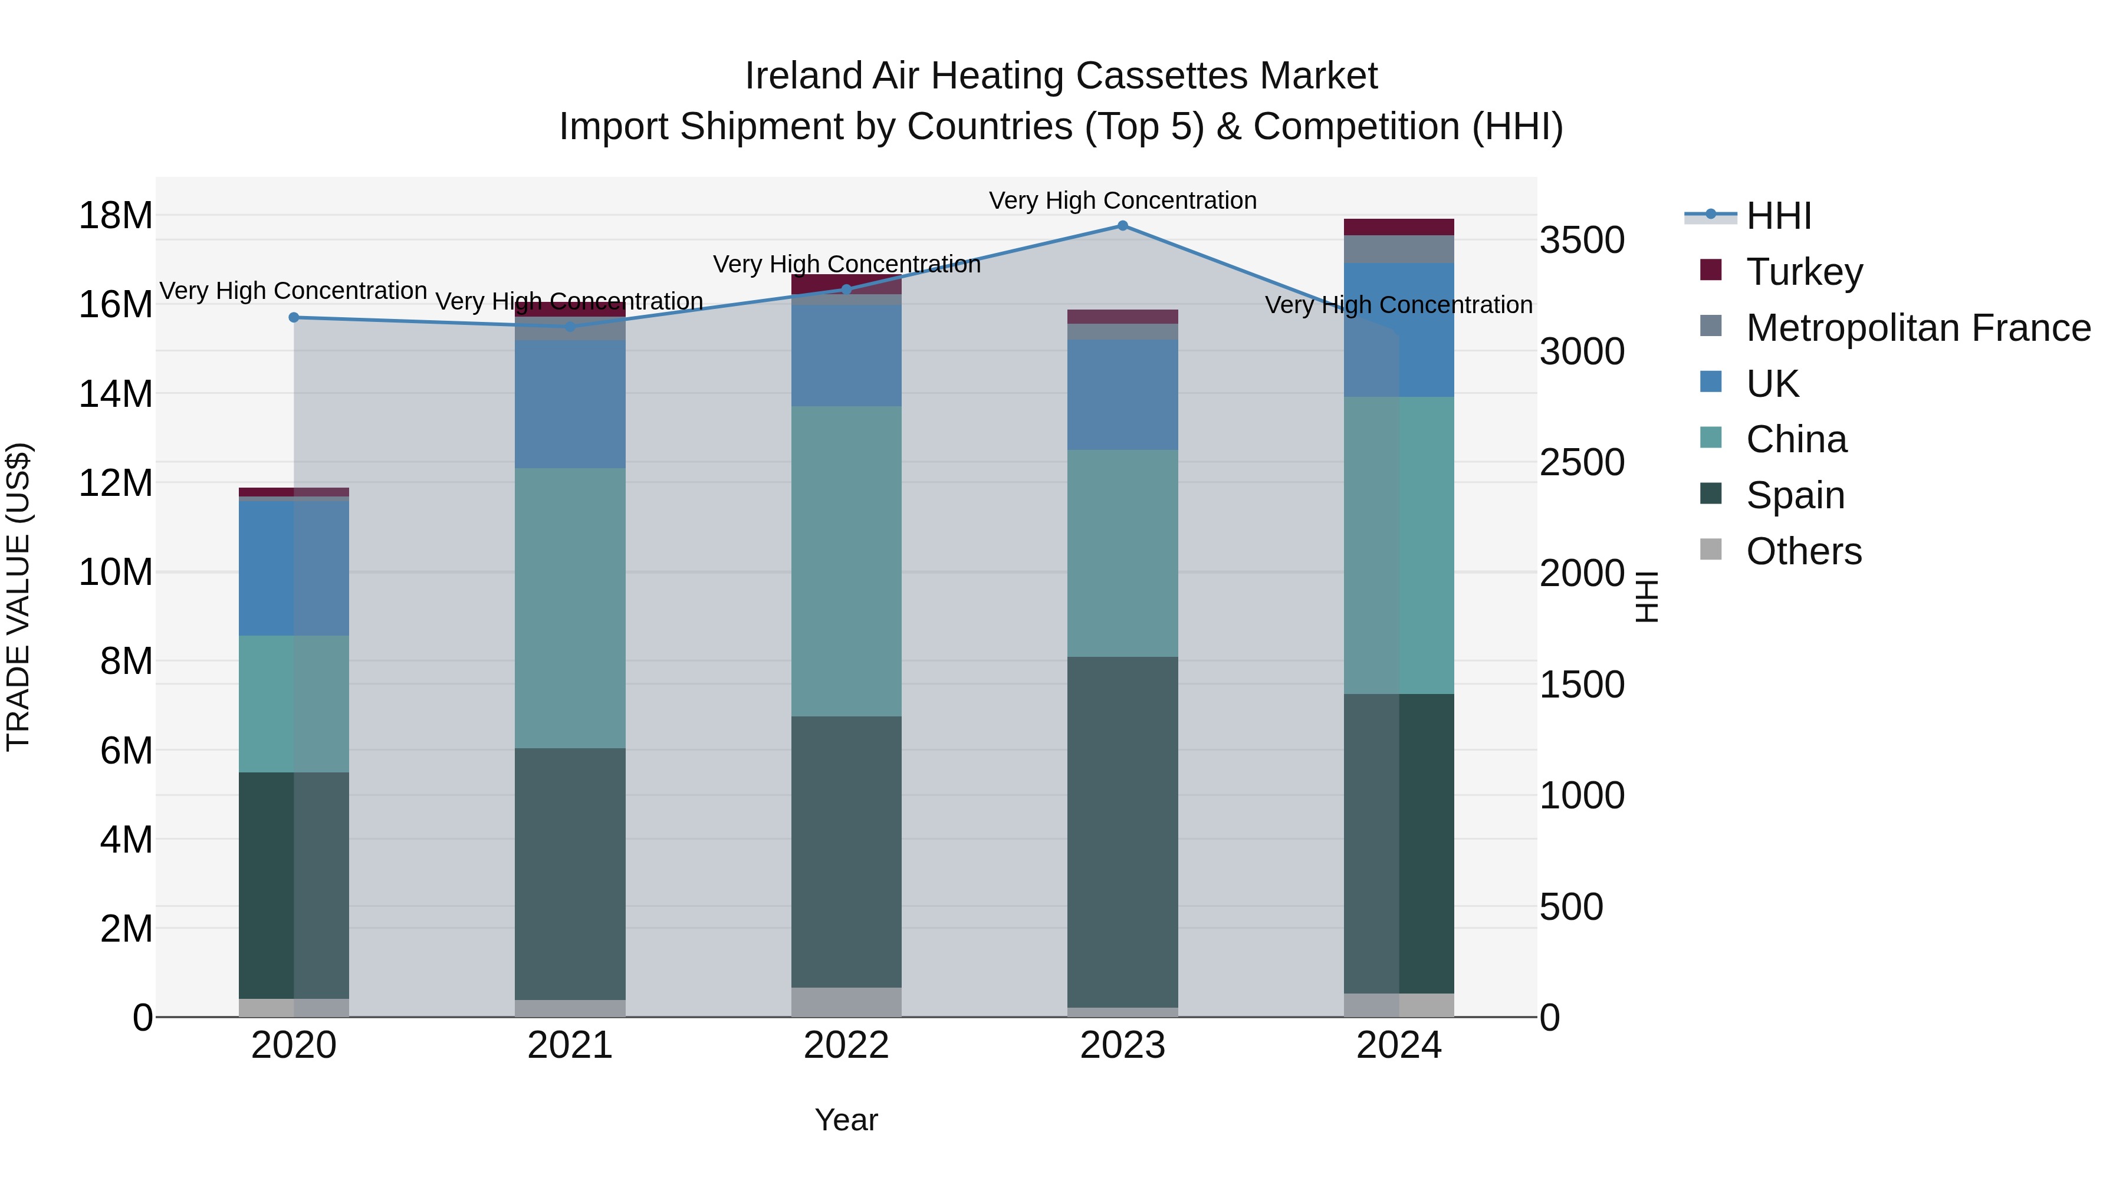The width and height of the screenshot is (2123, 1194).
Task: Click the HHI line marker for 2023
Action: click(x=1122, y=225)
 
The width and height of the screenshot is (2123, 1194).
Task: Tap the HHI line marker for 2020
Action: click(x=294, y=317)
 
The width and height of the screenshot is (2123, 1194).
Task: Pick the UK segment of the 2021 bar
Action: click(x=570, y=404)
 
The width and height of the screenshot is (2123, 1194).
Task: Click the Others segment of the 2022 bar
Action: click(x=846, y=1001)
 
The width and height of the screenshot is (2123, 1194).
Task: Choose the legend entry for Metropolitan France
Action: click(x=1918, y=328)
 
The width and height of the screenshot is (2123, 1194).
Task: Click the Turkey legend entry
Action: click(x=1804, y=272)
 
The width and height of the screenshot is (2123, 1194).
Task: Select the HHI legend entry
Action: click(x=1779, y=216)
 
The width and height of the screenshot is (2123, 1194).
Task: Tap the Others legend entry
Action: click(x=1803, y=551)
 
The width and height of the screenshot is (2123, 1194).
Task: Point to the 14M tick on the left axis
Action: click(x=116, y=394)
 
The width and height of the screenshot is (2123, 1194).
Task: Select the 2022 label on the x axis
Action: click(x=846, y=1045)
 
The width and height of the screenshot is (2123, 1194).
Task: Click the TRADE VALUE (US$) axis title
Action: click(x=18, y=597)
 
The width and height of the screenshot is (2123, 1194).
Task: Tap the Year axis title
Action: click(x=846, y=1120)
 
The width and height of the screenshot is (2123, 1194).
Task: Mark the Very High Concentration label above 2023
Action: click(x=1122, y=200)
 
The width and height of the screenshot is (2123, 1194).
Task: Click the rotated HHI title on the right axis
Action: click(x=1646, y=597)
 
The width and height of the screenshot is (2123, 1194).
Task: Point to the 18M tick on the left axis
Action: click(x=116, y=216)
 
